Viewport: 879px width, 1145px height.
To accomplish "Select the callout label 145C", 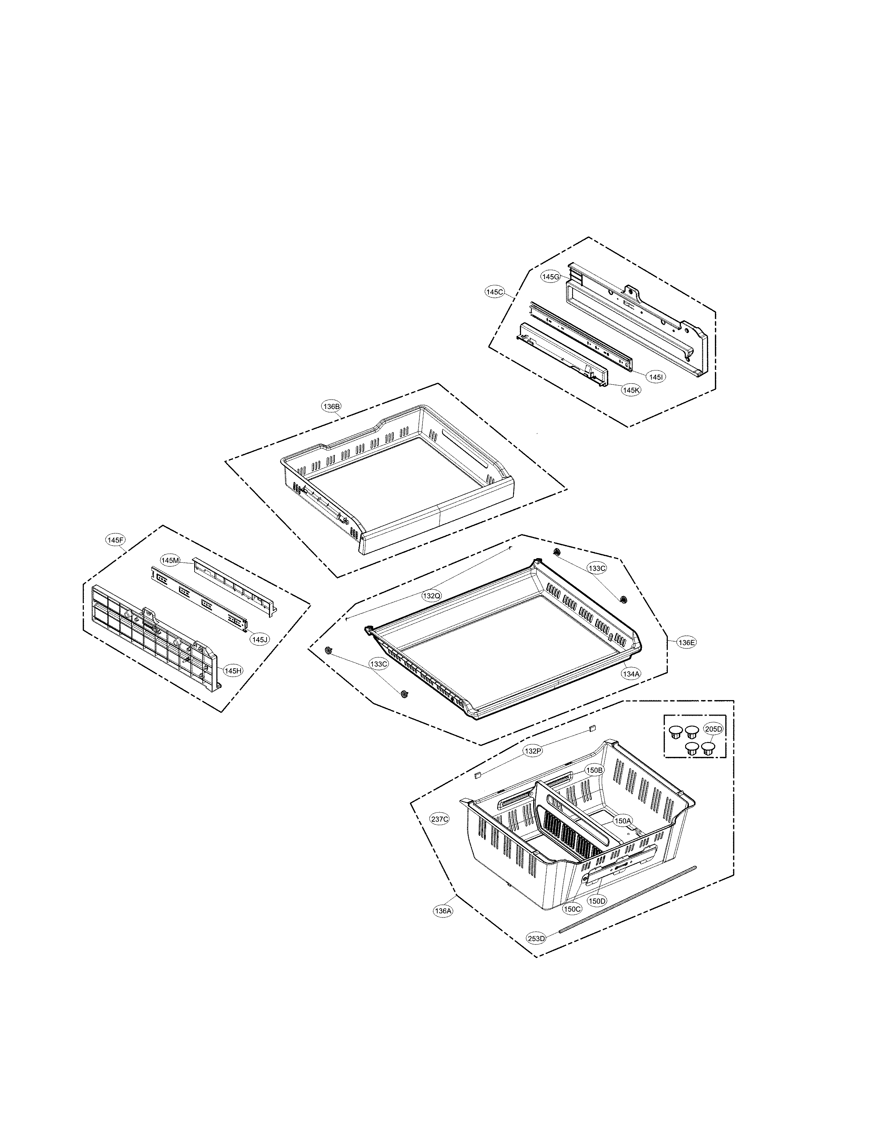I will [494, 292].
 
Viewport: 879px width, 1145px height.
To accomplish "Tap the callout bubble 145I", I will [656, 376].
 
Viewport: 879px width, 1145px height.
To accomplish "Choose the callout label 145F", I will [115, 540].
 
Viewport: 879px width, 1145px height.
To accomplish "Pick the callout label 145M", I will [170, 561].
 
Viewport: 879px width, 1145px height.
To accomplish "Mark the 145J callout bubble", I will [260, 639].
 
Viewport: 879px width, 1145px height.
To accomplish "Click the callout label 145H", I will [233, 670].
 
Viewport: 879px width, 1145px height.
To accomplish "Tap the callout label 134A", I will [631, 674].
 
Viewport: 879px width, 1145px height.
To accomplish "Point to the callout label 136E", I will [687, 643].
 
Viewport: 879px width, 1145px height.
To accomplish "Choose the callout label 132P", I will [533, 751].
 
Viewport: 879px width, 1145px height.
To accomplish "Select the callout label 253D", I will [536, 938].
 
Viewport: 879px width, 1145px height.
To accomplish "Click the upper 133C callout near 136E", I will [597, 568].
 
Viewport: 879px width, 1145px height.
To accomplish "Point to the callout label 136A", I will [443, 911].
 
